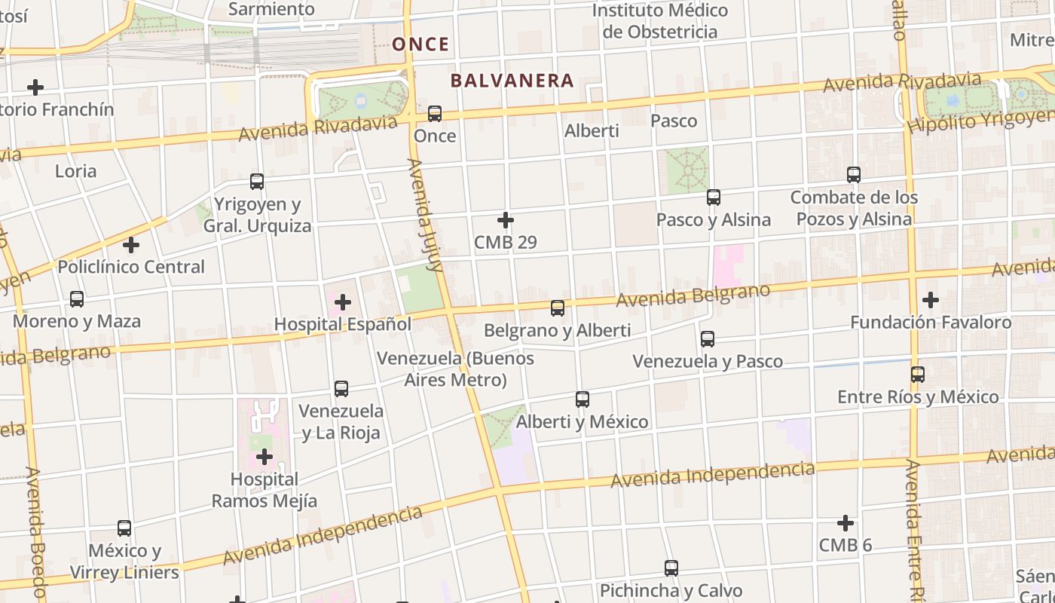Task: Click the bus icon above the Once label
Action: [x=435, y=114]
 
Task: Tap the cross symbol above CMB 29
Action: [x=506, y=220]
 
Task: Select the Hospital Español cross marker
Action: [x=343, y=302]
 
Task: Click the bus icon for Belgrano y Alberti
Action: [x=558, y=308]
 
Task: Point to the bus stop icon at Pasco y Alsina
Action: [x=714, y=197]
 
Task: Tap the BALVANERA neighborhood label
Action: [x=512, y=81]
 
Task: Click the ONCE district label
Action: [x=420, y=44]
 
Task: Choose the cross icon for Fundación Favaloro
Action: [x=931, y=300]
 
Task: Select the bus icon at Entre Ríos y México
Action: [x=918, y=375]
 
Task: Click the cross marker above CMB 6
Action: [x=846, y=522]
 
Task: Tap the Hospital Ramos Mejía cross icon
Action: [x=264, y=457]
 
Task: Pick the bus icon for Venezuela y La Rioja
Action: [x=341, y=389]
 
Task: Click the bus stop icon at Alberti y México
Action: [x=583, y=399]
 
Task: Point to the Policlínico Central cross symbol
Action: [x=131, y=245]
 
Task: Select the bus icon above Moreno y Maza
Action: [x=77, y=299]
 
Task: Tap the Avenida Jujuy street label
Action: [x=424, y=215]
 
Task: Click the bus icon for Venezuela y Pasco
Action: [x=708, y=339]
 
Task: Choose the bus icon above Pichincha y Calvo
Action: [x=671, y=568]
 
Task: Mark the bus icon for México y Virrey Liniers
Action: [x=124, y=528]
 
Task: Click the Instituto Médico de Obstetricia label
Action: [x=659, y=21]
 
